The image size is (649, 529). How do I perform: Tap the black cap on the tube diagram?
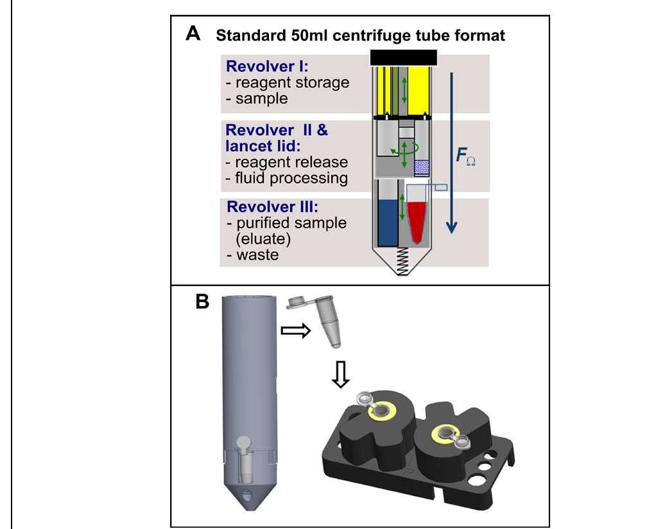[404, 57]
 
